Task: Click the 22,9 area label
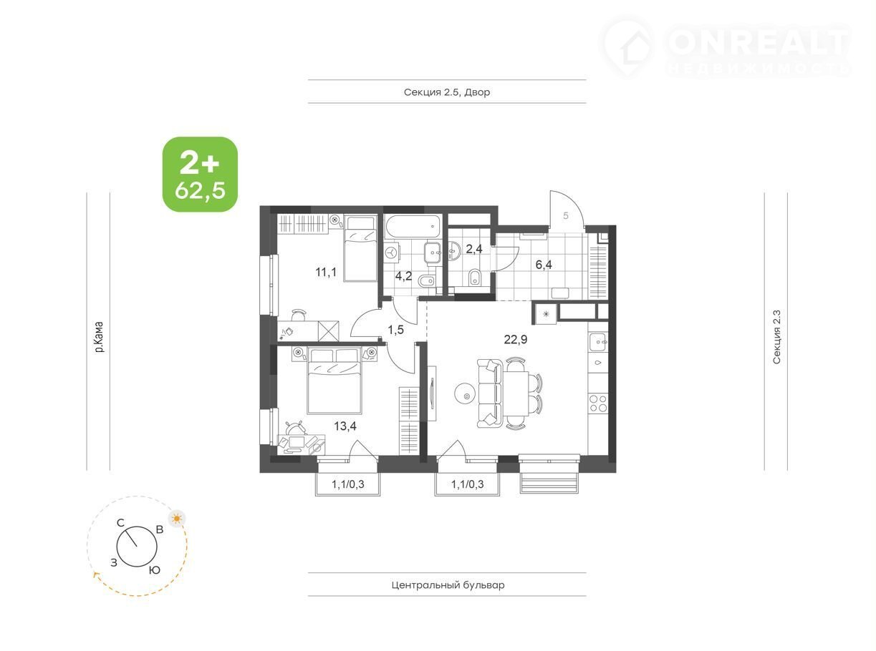(516, 339)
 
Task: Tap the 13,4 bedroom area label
(345, 426)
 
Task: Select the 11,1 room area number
(326, 272)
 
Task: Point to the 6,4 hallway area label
(544, 265)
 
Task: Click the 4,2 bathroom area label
(404, 276)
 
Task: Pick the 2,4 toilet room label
(474, 249)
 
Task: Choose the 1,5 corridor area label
(396, 330)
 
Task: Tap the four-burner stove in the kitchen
(598, 404)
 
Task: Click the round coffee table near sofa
(466, 393)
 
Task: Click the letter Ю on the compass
(155, 569)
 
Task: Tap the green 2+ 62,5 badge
(201, 174)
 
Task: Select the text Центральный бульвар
(448, 584)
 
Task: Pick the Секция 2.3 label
(776, 337)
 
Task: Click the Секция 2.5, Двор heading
(447, 92)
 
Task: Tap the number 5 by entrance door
(566, 215)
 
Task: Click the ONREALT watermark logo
(725, 46)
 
